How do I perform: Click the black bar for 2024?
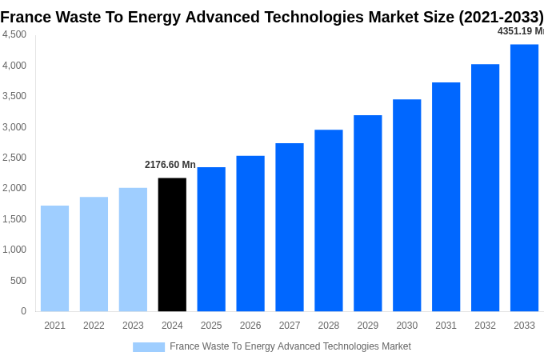(172, 245)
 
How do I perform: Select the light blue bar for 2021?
(54, 258)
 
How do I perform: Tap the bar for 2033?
(524, 178)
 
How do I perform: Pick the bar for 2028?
(328, 221)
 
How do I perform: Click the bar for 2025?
(211, 239)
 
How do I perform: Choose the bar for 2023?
(133, 250)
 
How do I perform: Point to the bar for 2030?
(406, 206)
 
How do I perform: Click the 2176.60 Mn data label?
(170, 165)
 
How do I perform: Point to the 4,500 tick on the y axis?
(14, 34)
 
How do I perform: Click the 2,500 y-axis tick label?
(14, 158)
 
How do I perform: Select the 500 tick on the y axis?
(18, 281)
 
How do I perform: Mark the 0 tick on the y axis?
(23, 311)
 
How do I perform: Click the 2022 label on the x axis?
(94, 326)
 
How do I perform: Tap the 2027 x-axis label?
(290, 326)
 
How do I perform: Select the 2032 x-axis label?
(485, 326)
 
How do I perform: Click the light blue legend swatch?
(149, 347)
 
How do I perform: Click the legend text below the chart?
(290, 346)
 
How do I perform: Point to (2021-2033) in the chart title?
(501, 17)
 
